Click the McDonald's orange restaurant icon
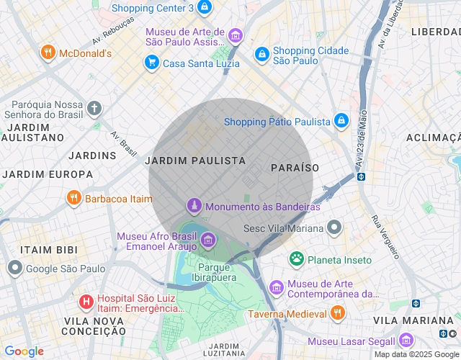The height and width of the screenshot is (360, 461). (x=48, y=53)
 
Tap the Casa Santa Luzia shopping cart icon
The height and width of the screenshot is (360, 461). (x=151, y=63)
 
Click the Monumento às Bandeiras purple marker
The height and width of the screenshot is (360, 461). (x=194, y=207)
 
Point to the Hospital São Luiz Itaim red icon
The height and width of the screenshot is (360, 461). (x=86, y=301)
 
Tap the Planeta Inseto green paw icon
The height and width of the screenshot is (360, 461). (x=296, y=259)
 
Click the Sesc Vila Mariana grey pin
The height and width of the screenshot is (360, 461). (x=334, y=228)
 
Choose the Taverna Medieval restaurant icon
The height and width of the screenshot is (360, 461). (x=336, y=313)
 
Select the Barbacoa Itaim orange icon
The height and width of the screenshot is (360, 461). (x=73, y=198)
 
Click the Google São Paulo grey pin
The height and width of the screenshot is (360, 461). (x=14, y=269)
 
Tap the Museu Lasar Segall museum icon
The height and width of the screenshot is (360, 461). (x=406, y=341)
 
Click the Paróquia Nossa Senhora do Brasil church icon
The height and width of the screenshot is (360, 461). (x=94, y=108)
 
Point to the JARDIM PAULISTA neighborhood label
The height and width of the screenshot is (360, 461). (x=195, y=161)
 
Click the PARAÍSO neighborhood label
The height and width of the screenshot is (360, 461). (x=295, y=167)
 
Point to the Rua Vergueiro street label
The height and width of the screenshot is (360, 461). (x=385, y=237)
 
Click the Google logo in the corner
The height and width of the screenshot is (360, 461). (x=24, y=351)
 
